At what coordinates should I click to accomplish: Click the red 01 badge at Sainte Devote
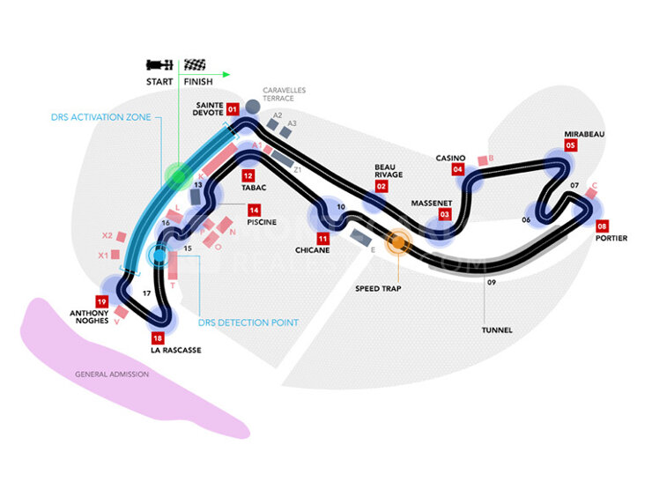tap(233, 109)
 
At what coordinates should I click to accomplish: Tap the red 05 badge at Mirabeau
tap(571, 146)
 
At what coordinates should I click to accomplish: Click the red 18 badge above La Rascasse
tap(158, 338)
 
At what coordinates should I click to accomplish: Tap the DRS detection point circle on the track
tap(160, 256)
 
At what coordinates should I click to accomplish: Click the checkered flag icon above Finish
tap(194, 64)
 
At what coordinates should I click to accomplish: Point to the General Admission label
tap(112, 374)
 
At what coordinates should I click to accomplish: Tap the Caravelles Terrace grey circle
tap(251, 107)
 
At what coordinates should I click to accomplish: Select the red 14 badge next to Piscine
tap(254, 211)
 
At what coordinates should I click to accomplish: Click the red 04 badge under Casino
tap(458, 169)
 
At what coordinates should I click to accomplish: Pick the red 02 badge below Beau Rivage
tap(382, 186)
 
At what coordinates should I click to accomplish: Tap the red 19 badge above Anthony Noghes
tap(102, 301)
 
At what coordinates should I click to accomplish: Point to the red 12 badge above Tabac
tap(248, 175)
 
